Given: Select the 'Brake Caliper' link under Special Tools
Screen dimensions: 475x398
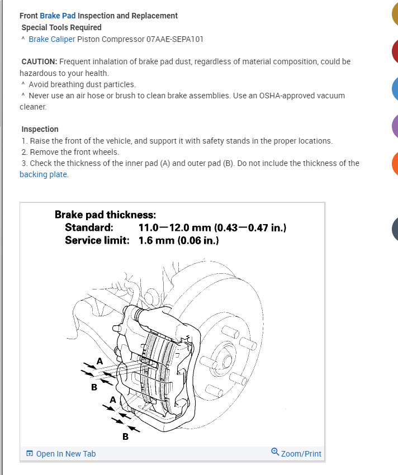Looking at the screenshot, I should (x=52, y=39).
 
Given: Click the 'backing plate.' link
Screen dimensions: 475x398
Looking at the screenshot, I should (x=44, y=174).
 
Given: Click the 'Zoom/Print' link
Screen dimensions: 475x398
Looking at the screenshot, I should (x=301, y=454).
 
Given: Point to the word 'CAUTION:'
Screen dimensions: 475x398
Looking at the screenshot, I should (x=39, y=61).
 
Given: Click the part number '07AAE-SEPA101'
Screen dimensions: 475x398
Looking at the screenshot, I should (x=175, y=39).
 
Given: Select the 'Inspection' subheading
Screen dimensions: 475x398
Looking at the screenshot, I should (x=40, y=129).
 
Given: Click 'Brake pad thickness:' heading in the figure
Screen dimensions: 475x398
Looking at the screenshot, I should (x=105, y=215).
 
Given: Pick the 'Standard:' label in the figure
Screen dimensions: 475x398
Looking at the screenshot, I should (x=89, y=227).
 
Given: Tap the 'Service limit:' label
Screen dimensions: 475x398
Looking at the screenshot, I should (x=97, y=240).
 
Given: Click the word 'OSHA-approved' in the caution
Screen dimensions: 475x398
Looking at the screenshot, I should (x=286, y=96).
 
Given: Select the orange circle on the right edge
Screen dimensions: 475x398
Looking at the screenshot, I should (x=394, y=163).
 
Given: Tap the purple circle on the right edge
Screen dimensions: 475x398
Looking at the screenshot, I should (x=394, y=126).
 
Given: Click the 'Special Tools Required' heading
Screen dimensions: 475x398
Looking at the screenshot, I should (x=61, y=27).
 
